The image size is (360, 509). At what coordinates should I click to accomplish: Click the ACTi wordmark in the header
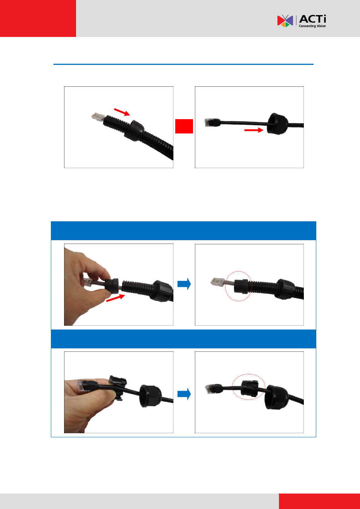click(313, 19)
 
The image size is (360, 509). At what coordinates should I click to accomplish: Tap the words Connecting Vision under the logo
click(312, 26)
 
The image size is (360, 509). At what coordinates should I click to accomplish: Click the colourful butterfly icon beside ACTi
click(285, 21)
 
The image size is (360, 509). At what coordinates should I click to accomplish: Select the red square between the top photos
click(184, 126)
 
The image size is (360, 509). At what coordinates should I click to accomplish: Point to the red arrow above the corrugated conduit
click(122, 112)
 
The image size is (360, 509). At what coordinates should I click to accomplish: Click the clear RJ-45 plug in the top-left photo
click(98, 117)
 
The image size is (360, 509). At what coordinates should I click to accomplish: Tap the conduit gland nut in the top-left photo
click(134, 131)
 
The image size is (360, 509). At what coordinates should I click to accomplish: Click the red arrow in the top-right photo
click(254, 130)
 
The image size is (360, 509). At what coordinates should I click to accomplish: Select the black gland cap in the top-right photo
click(277, 124)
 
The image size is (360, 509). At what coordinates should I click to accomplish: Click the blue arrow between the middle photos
click(184, 284)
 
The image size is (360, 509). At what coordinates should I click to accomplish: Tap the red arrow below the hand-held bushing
click(115, 298)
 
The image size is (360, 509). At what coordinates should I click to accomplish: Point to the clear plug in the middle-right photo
click(218, 282)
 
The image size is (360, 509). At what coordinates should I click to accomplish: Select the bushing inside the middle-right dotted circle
click(241, 286)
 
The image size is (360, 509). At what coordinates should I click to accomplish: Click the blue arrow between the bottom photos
click(184, 394)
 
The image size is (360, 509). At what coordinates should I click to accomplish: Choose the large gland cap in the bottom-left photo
click(150, 396)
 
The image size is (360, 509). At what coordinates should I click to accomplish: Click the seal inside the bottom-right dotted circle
click(250, 389)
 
